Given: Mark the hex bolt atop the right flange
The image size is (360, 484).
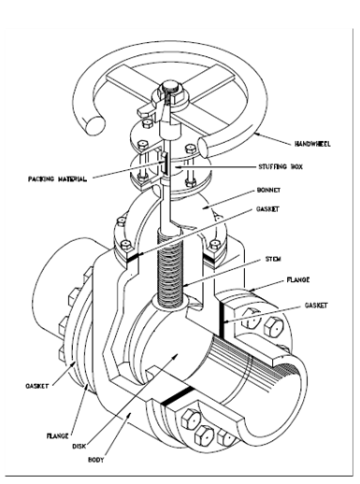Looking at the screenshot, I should click(273, 325).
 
